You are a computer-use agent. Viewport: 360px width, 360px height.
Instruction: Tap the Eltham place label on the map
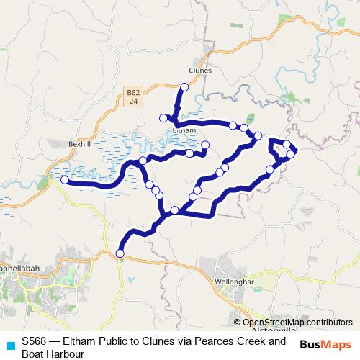[184, 130]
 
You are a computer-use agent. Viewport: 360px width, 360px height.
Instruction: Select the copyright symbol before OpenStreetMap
[238, 323]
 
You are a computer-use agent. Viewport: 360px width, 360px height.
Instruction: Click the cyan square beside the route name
[10, 345]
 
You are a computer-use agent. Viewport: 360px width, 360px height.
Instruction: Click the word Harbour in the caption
[64, 354]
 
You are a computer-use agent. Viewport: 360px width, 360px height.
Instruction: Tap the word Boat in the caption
[32, 354]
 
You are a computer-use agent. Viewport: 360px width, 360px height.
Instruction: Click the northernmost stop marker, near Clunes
[184, 87]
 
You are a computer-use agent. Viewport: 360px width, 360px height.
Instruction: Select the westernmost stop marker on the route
[65, 180]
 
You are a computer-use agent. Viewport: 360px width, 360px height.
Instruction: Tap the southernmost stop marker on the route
[120, 253]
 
